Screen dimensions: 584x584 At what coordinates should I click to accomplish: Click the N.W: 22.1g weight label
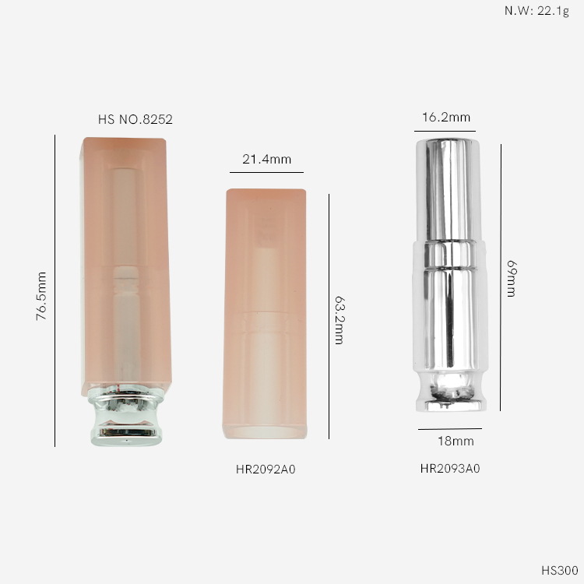pyautogui.click(x=537, y=11)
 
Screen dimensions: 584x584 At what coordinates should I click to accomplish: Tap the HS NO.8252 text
pyautogui.click(x=135, y=120)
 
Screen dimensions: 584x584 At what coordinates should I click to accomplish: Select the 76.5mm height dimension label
pyautogui.click(x=41, y=296)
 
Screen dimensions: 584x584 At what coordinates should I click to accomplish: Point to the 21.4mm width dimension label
pyautogui.click(x=266, y=160)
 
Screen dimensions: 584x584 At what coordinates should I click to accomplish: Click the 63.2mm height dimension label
pyautogui.click(x=339, y=320)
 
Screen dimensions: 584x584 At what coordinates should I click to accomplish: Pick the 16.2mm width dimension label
pyautogui.click(x=446, y=118)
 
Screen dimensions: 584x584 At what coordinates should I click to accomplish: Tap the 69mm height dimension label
pyautogui.click(x=512, y=279)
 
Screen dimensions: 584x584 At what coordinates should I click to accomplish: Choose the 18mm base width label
pyautogui.click(x=456, y=442)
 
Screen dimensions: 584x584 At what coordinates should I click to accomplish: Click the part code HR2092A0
pyautogui.click(x=266, y=470)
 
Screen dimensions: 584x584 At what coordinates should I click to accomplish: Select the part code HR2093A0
pyautogui.click(x=450, y=469)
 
